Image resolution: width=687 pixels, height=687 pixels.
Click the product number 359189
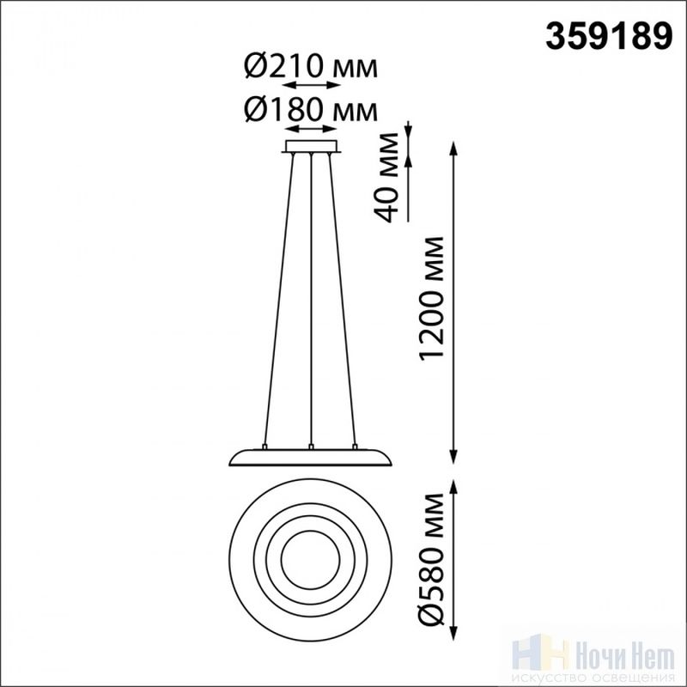pyautogui.click(x=609, y=36)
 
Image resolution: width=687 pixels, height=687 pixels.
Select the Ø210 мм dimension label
pyautogui.click(x=311, y=66)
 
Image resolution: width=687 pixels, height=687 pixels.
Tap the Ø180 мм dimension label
pyautogui.click(x=311, y=110)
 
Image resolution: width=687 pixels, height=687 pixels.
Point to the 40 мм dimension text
pyautogui.click(x=386, y=178)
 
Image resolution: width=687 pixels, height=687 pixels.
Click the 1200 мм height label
pyautogui.click(x=432, y=299)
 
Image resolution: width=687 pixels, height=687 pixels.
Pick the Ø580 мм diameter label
pyautogui.click(x=432, y=559)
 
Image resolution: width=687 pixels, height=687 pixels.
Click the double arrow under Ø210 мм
pyautogui.click(x=311, y=85)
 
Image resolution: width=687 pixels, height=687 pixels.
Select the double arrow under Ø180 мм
pyautogui.click(x=311, y=128)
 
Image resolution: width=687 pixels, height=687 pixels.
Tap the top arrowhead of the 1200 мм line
pyautogui.click(x=453, y=148)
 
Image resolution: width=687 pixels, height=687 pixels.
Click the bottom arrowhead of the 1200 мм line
pyautogui.click(x=453, y=456)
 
